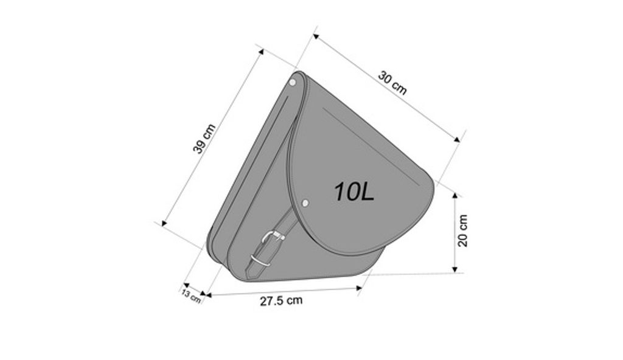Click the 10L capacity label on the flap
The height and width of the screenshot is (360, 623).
[354, 192]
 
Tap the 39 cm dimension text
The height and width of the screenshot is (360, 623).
[204, 139]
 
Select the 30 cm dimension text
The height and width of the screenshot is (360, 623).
[392, 83]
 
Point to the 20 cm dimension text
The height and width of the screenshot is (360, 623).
[463, 231]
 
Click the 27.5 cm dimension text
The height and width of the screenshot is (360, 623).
[281, 300]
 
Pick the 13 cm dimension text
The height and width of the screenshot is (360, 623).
[191, 296]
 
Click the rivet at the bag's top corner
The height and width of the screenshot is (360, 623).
[293, 83]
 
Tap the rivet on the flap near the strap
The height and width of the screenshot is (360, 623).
[305, 204]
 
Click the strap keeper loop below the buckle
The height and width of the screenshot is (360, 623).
[260, 260]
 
